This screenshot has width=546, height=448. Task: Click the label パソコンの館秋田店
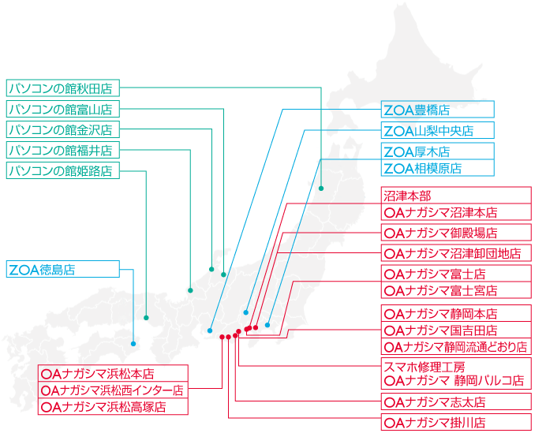pos(63,88)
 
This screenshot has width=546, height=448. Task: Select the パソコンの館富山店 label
pos(63,109)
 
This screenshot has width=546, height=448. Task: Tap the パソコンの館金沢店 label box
pos(63,129)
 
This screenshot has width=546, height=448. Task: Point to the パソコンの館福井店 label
pos(63,150)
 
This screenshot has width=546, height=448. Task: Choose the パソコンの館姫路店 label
pos(63,170)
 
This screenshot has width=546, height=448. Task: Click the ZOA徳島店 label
pos(63,269)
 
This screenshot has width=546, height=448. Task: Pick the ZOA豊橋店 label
pos(438,110)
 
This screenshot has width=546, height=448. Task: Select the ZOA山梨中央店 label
pos(438,131)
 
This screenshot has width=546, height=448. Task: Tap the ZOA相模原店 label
pos(438,168)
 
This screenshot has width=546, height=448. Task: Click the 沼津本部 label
pos(456,196)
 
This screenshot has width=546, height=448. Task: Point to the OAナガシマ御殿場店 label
pos(456,233)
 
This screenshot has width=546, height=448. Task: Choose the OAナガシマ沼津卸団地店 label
pos(456,253)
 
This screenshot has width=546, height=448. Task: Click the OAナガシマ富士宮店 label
pos(456,290)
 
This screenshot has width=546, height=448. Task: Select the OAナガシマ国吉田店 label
pos(456,330)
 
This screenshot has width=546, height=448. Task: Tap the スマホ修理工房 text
pos(424,367)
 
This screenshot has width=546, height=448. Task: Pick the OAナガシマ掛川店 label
pos(456,422)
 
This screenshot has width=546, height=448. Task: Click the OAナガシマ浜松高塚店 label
pos(113,406)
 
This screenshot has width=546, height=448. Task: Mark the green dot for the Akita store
pos(321,189)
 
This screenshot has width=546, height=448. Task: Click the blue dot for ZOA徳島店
pos(133,344)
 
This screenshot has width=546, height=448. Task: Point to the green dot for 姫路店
pos(146,318)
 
